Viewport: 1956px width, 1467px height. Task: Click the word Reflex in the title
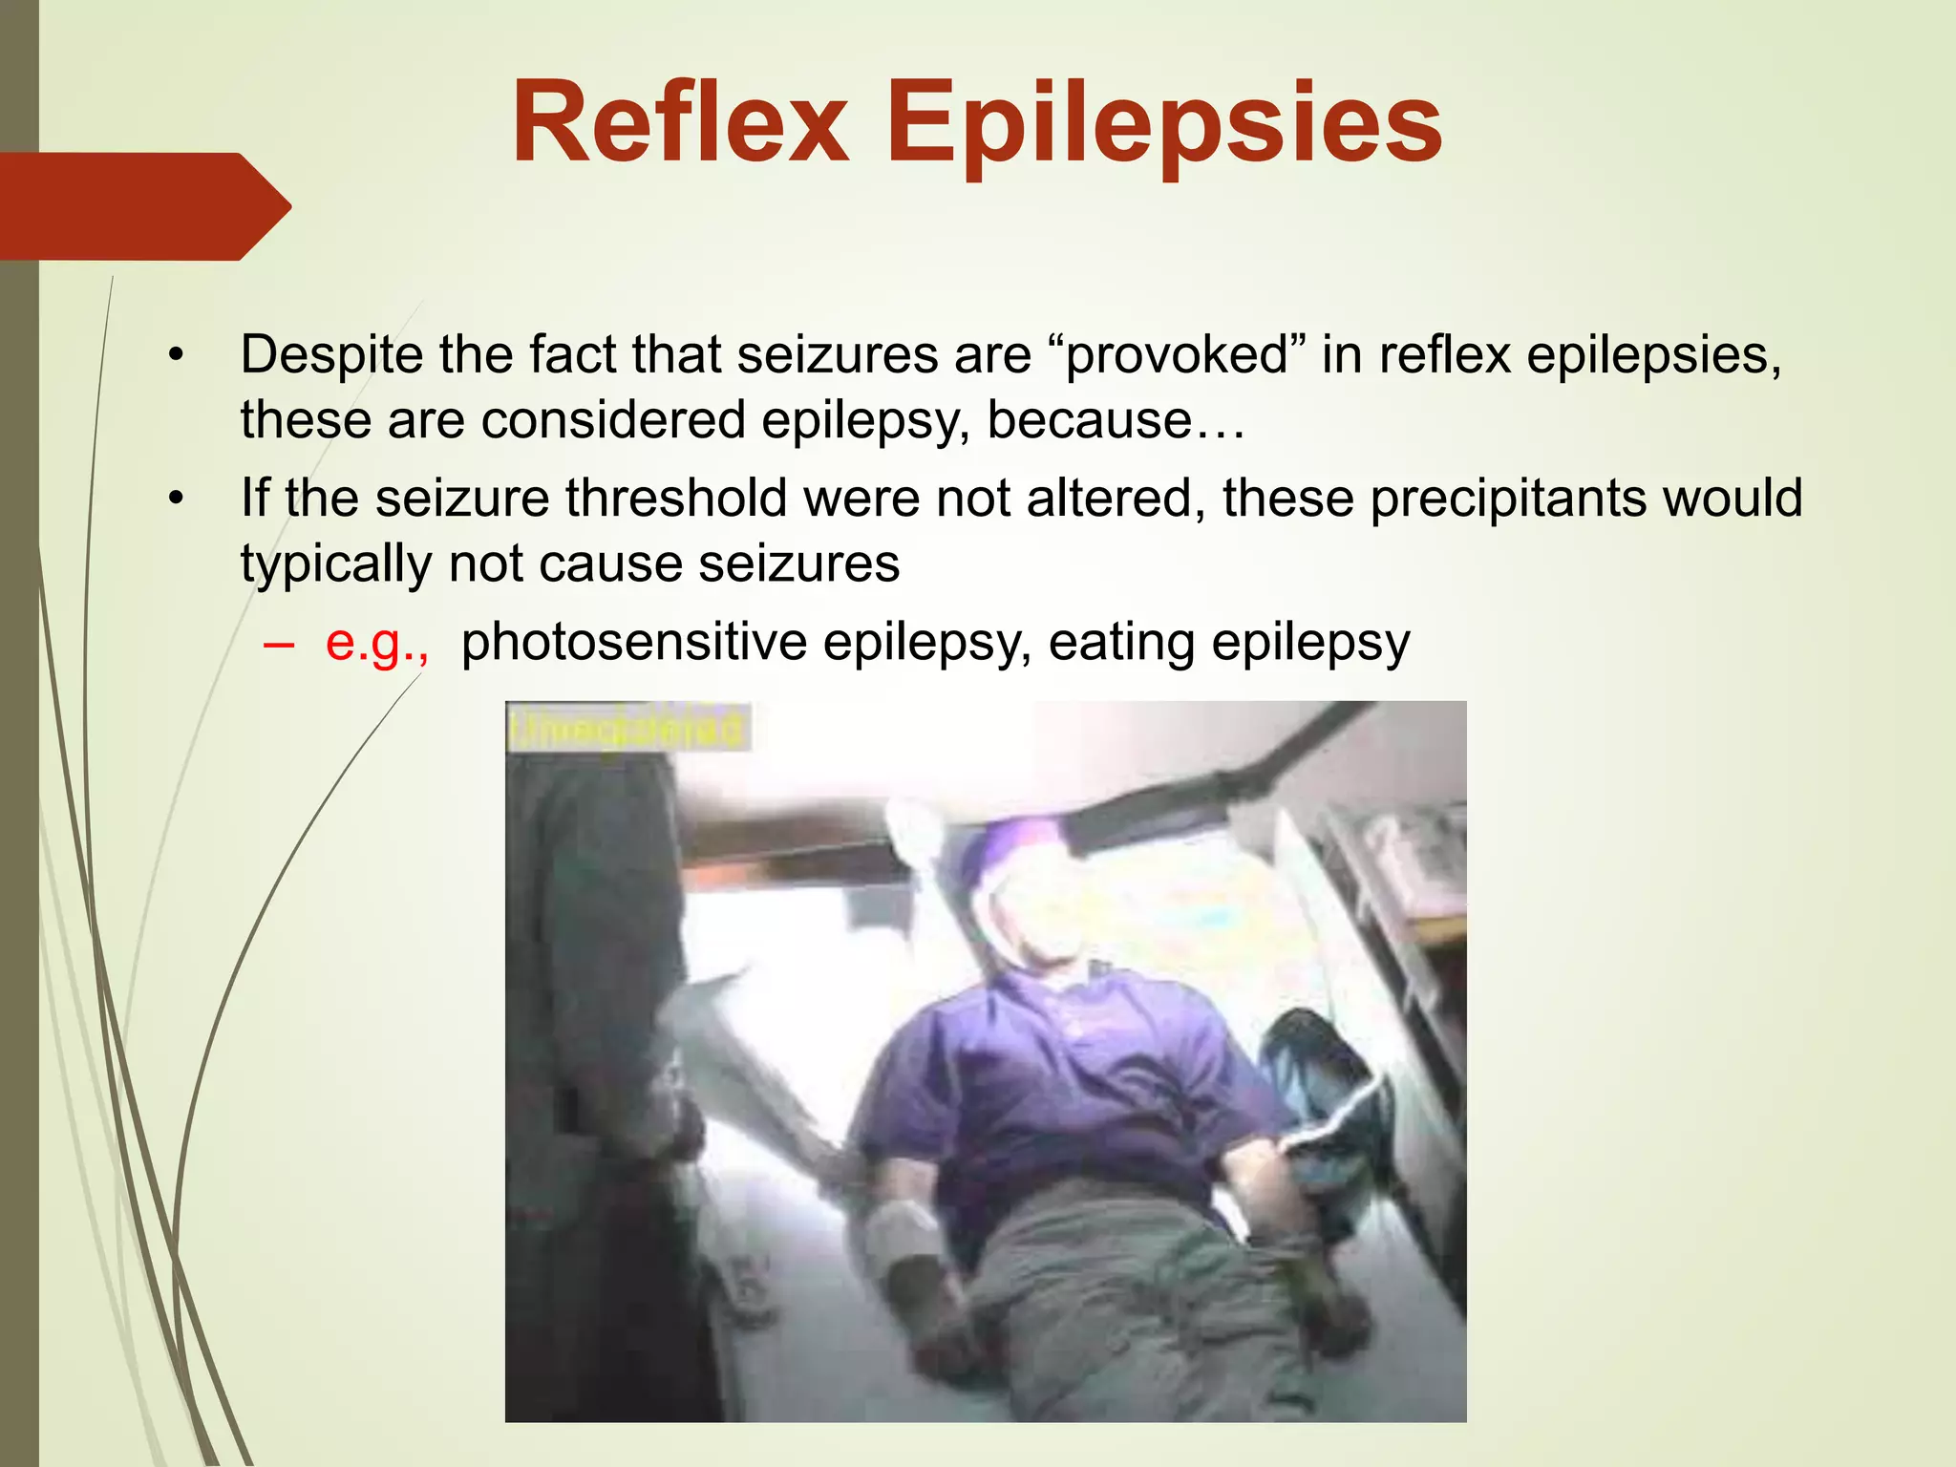coord(680,124)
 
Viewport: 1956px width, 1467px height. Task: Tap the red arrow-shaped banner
coord(143,205)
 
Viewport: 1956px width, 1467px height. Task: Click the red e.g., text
coord(376,642)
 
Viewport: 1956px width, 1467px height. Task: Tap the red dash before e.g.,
coord(278,644)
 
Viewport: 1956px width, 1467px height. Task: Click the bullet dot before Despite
coord(175,356)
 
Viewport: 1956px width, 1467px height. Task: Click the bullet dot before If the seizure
coord(175,500)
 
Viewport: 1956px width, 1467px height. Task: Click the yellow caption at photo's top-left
coord(627,728)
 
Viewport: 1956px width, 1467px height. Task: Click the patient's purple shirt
coord(1051,1079)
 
